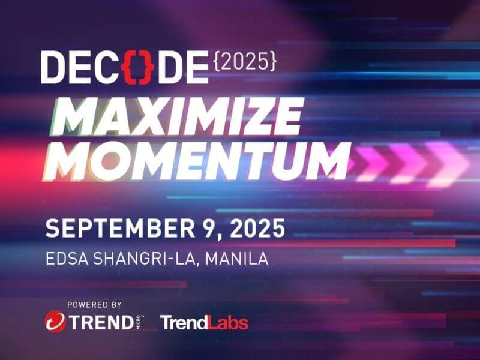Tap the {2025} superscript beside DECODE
245,62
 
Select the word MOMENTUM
197,161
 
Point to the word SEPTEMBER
120,229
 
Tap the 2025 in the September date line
257,229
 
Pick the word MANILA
237,259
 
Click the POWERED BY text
94,305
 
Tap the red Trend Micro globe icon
55,322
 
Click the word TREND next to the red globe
101,322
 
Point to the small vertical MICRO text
139,322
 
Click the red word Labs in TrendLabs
228,323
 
